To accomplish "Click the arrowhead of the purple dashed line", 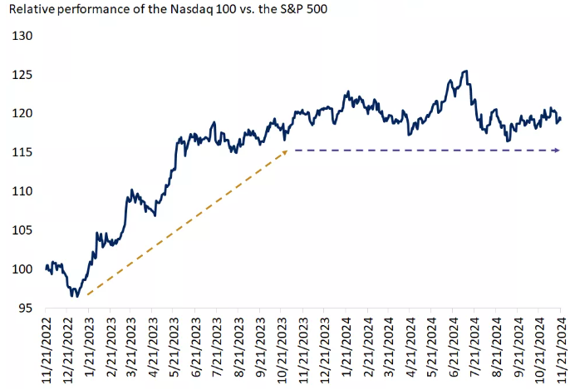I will click(x=556, y=151).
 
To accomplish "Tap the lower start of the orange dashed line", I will click(x=86, y=294).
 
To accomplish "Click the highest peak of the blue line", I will click(x=465, y=72).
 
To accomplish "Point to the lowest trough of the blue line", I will click(x=74, y=295).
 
